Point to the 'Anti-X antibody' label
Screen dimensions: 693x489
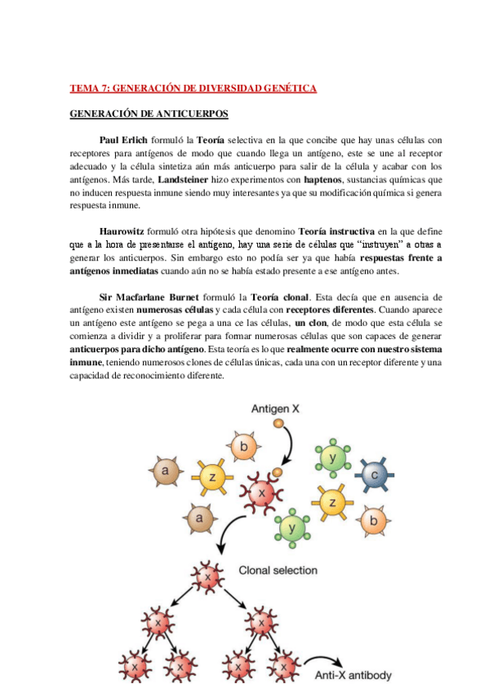pyautogui.click(x=353, y=676)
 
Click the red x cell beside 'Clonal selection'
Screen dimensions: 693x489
pyautogui.click(x=207, y=577)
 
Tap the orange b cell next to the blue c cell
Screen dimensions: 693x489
pyautogui.click(x=374, y=518)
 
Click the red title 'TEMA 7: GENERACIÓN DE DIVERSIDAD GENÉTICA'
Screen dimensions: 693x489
pyautogui.click(x=193, y=87)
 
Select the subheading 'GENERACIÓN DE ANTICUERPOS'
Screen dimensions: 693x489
pyautogui.click(x=148, y=113)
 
